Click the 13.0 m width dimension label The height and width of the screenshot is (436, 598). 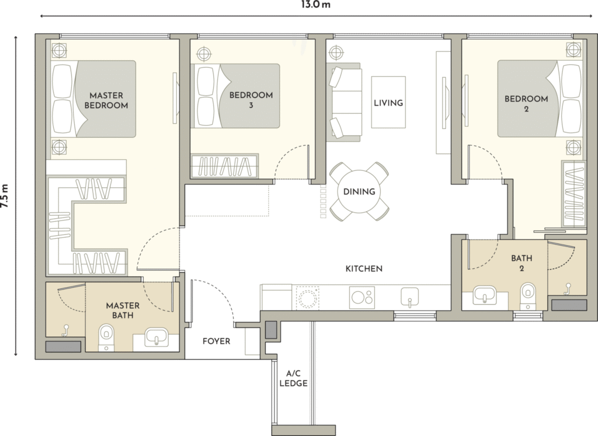[x=315, y=5]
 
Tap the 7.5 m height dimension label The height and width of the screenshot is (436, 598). [x=4, y=196]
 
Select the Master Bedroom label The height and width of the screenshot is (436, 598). [x=106, y=100]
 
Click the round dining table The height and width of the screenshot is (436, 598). [x=359, y=191]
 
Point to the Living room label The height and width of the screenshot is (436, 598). [x=388, y=103]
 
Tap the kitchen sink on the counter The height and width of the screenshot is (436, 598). [x=409, y=297]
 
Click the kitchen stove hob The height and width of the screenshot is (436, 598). [x=362, y=297]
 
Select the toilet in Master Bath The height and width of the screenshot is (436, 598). [x=106, y=337]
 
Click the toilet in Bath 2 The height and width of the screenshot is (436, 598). [x=528, y=295]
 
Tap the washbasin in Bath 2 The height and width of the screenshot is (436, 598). [x=485, y=295]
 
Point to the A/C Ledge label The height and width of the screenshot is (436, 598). [x=293, y=378]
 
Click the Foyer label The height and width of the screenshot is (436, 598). [x=216, y=341]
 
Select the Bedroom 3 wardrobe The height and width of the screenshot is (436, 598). [x=224, y=166]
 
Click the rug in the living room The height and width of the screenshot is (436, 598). [x=388, y=103]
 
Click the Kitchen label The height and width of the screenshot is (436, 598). [x=364, y=268]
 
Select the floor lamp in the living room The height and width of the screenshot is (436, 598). [x=336, y=52]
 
